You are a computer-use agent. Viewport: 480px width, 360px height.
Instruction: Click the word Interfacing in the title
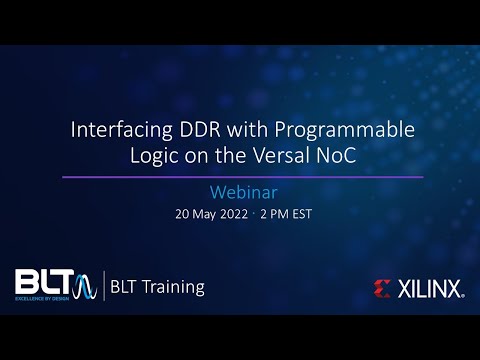(x=118, y=130)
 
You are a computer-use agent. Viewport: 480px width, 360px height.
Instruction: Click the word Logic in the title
(x=154, y=156)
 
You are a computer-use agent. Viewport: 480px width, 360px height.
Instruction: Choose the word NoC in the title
(x=340, y=156)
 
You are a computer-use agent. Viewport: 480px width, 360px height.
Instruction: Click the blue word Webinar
(x=240, y=191)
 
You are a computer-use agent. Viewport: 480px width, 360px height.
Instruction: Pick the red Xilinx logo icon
(x=382, y=289)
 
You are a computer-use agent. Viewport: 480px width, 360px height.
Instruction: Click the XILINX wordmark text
(x=430, y=289)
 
